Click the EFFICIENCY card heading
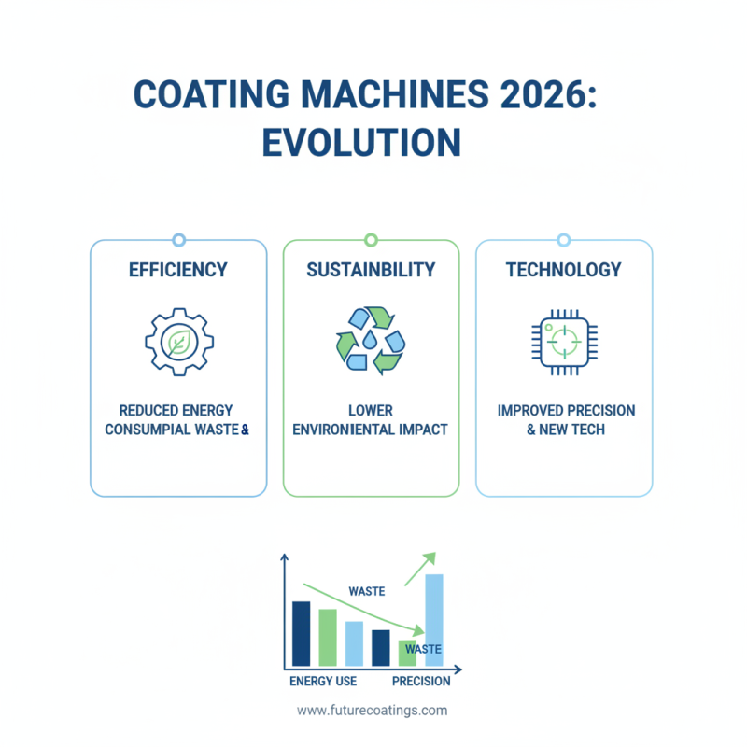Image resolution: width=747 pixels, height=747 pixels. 178,270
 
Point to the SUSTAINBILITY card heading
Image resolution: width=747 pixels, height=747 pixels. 371,270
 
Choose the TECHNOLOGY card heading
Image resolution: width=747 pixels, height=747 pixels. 564,270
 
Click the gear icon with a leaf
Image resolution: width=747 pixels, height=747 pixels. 178,342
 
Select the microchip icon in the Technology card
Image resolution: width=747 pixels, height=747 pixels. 564,342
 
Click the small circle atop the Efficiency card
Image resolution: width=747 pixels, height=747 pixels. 178,240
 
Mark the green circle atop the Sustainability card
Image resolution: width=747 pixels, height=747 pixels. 371,240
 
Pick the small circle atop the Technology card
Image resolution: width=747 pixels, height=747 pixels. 564,240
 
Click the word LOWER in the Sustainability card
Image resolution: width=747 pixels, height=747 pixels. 371,411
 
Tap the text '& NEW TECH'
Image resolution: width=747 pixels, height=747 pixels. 564,430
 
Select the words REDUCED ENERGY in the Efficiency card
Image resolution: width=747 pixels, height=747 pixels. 176,411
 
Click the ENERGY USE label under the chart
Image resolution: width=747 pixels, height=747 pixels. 323,681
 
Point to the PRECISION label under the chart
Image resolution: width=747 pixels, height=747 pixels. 421,681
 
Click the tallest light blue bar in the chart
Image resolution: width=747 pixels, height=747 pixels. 434,620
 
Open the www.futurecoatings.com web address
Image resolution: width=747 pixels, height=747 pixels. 373,710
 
